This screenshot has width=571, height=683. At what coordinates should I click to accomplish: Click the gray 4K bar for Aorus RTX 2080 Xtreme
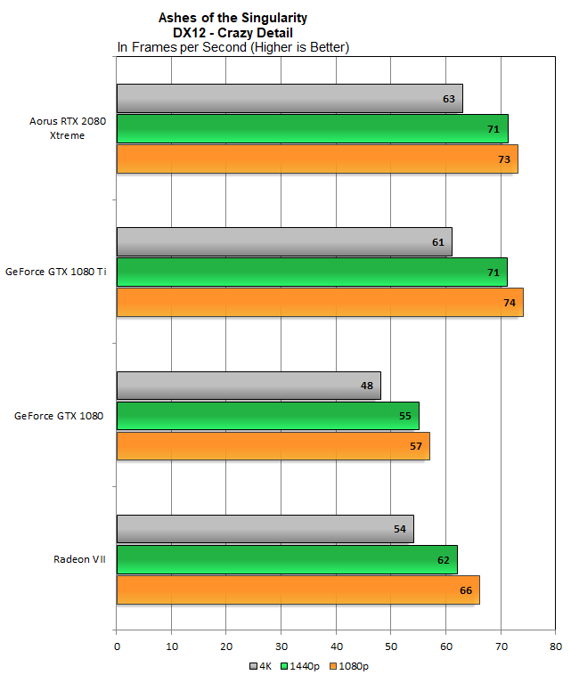point(290,98)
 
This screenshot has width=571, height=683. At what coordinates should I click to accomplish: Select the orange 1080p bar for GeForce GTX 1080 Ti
point(320,303)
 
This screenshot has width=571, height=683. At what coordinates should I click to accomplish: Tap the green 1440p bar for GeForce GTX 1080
point(267,416)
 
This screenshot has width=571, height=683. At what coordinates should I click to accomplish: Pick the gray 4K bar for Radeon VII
point(265,529)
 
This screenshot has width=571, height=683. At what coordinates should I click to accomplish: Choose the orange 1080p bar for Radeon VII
point(298,589)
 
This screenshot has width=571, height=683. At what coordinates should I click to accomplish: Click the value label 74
point(510,303)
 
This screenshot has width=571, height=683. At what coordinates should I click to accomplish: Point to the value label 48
point(367,386)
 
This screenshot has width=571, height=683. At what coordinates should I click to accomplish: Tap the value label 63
point(449,98)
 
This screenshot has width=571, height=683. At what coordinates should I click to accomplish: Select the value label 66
point(466,589)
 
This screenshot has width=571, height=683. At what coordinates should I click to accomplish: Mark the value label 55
point(405,416)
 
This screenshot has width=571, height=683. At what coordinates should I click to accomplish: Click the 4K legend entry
point(259,665)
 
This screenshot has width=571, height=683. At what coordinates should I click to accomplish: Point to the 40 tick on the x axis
point(336,646)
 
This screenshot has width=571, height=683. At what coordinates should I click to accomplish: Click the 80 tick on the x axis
point(555,646)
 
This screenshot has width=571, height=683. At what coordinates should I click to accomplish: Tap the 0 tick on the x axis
point(117,646)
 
